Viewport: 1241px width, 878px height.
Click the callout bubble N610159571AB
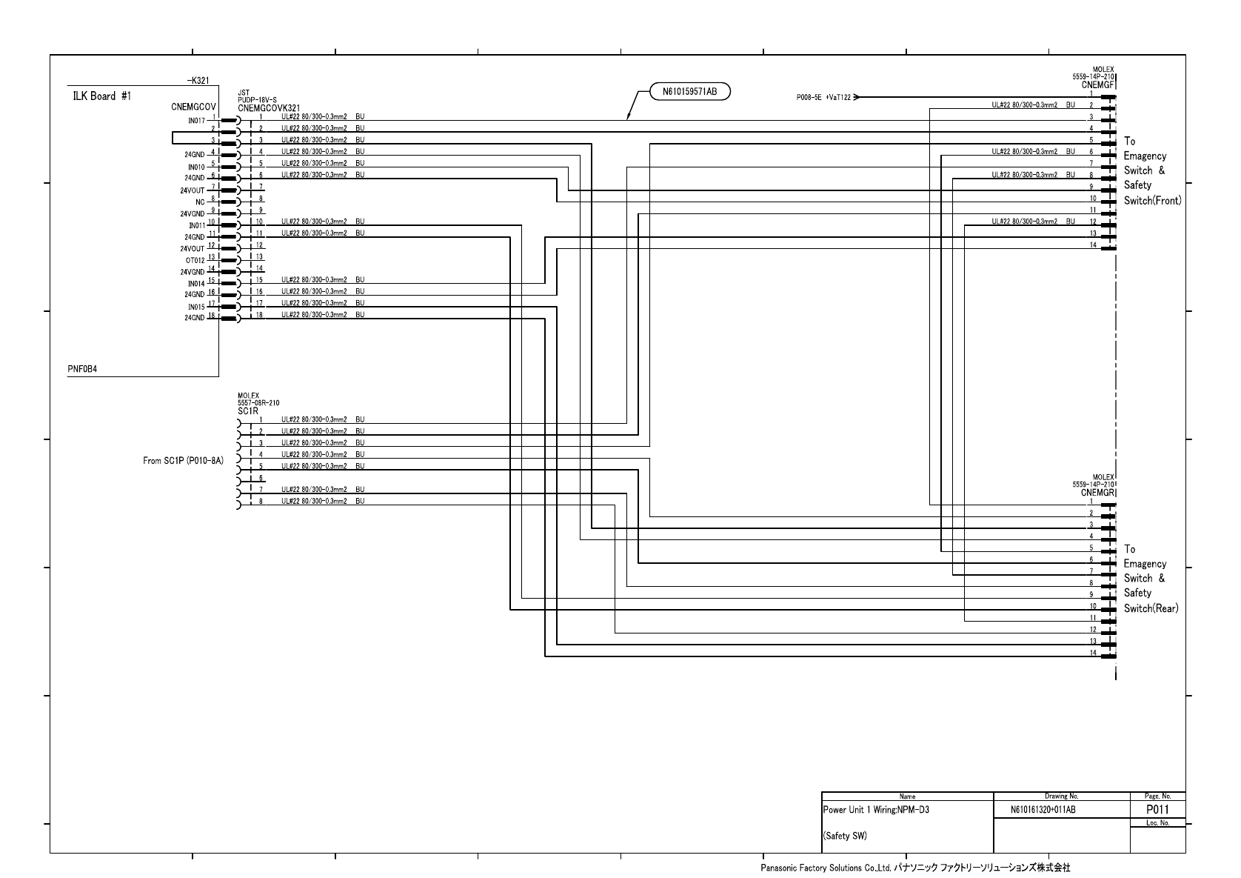[689, 91]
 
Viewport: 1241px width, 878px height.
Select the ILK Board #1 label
[102, 97]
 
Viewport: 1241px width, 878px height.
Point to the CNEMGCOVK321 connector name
[269, 108]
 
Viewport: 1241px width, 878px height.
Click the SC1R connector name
[247, 410]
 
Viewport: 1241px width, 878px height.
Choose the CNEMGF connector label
[1099, 85]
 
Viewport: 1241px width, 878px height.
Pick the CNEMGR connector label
[1098, 492]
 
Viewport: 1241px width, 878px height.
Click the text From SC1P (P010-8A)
[183, 461]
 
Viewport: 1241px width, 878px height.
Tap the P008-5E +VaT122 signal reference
[823, 97]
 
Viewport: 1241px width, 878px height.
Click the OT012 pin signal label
[195, 260]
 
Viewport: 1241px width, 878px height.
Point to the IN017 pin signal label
[196, 120]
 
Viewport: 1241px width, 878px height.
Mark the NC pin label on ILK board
[200, 202]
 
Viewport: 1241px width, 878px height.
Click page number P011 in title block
[1157, 809]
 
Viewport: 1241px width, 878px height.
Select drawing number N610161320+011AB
[1043, 810]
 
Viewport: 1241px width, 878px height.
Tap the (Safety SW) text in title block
[845, 836]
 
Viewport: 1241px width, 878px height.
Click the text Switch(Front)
[1152, 201]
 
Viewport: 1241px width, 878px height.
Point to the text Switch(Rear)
[1151, 608]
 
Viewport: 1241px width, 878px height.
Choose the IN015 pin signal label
[196, 307]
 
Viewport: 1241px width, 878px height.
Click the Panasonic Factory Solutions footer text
[915, 867]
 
